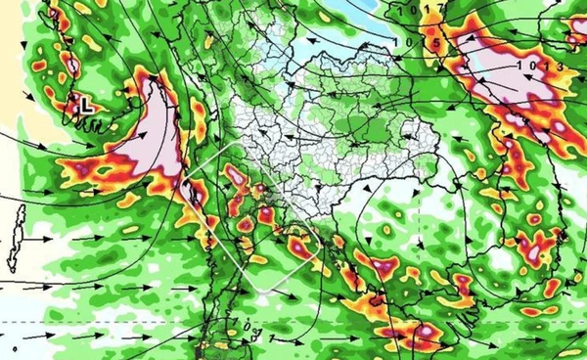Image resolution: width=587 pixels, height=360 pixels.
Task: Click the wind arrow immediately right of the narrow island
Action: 41,238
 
